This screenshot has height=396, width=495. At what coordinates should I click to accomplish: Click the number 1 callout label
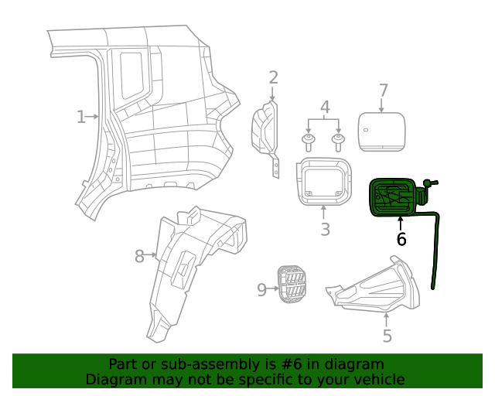pyautogui.click(x=80, y=117)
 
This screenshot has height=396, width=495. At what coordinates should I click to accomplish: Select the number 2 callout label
pyautogui.click(x=273, y=77)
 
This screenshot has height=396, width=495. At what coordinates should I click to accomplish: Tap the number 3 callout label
pyautogui.click(x=325, y=230)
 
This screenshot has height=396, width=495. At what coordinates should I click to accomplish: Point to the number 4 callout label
pyautogui.click(x=326, y=107)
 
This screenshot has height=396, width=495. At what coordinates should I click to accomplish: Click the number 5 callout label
pyautogui.click(x=387, y=336)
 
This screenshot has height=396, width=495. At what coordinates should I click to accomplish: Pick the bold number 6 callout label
pyautogui.click(x=401, y=240)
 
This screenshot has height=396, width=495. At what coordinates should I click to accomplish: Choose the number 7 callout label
pyautogui.click(x=383, y=91)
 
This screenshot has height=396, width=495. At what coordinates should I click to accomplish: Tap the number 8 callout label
pyautogui.click(x=139, y=256)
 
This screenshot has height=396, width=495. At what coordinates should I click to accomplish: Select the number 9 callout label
pyautogui.click(x=261, y=289)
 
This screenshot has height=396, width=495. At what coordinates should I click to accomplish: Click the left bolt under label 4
pyautogui.click(x=309, y=142)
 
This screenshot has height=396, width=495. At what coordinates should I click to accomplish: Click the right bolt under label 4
pyautogui.click(x=338, y=142)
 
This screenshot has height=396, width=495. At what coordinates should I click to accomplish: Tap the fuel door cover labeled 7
pyautogui.click(x=381, y=128)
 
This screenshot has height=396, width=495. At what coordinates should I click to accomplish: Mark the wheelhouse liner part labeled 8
pyautogui.click(x=189, y=263)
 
